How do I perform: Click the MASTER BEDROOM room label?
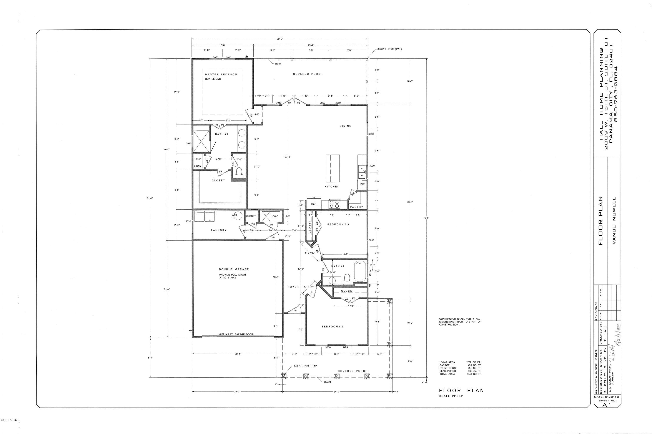tap(221, 74)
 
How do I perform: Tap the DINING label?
tap(345, 126)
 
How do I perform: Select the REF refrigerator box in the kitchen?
tap(314, 204)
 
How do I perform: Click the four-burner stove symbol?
tap(334, 204)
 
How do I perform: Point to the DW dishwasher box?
tap(362, 184)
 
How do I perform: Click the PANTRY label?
tap(356, 207)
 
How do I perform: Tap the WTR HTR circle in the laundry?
tap(239, 216)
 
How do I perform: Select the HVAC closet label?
tap(275, 216)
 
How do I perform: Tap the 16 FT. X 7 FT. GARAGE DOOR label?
tap(235, 334)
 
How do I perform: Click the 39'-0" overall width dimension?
tap(280, 39)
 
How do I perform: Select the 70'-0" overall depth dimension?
tap(426, 218)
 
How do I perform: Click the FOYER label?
tap(293, 287)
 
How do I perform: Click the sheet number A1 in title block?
tap(607, 405)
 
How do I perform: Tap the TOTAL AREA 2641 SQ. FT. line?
tap(460, 374)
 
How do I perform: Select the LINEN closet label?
tap(198, 166)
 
